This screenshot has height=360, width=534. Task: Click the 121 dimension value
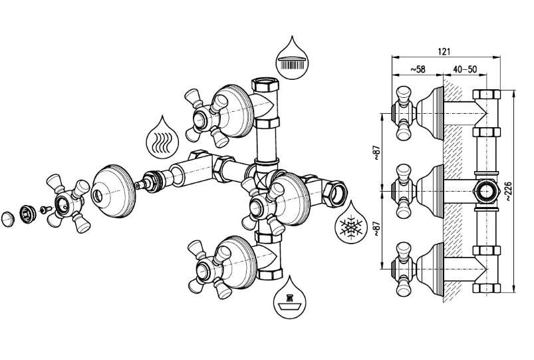[444, 51]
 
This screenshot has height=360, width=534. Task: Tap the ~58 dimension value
[418, 69]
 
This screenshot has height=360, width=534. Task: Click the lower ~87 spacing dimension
[376, 230]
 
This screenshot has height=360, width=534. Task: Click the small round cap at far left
[8, 219]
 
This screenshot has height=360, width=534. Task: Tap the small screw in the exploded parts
[45, 209]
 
